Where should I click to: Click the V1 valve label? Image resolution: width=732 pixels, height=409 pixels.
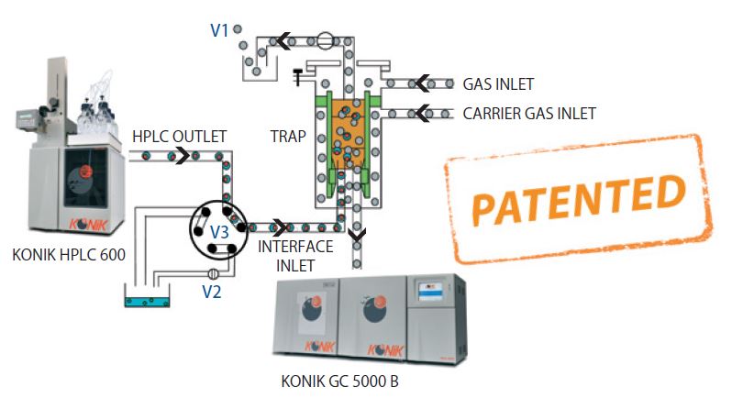(x=219, y=29)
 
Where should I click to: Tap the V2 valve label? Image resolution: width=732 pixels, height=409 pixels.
(x=213, y=293)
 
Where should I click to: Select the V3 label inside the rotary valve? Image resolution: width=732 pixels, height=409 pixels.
(x=219, y=232)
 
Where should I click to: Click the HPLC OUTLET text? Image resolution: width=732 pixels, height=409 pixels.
(x=179, y=136)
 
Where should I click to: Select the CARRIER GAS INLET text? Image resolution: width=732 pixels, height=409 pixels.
(x=529, y=114)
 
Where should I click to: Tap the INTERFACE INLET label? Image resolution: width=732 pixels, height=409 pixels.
(x=289, y=257)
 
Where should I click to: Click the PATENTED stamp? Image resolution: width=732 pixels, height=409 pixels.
(x=577, y=196)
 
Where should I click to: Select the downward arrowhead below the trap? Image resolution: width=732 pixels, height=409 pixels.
(x=354, y=239)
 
